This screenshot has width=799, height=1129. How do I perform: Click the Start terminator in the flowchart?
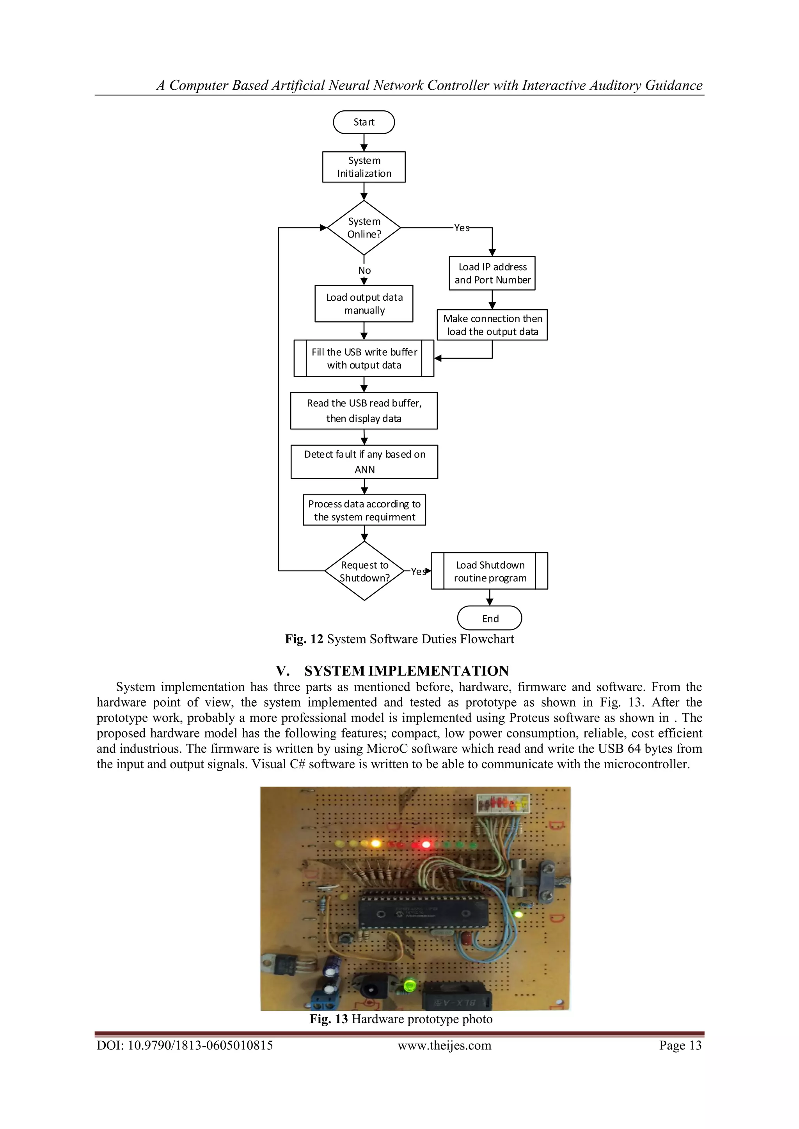pos(364,122)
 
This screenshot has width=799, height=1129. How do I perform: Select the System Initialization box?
pos(364,167)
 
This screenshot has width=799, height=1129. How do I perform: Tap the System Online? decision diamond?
pos(364,228)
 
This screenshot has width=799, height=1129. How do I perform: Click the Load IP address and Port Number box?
pos(492,273)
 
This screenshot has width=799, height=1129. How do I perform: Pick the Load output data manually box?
pos(364,304)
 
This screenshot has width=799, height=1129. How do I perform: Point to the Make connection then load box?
pos(492,325)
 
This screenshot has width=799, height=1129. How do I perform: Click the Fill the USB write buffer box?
pos(364,358)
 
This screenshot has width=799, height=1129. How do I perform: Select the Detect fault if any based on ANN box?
pos(364,462)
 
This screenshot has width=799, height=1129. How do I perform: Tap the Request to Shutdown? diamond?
pos(364,571)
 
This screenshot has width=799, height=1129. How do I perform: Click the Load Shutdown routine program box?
pos(490,571)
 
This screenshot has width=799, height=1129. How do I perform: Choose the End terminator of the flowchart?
pos(490,618)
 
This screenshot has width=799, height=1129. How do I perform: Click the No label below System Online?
pos(364,270)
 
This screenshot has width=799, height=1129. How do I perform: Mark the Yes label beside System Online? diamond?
pos(462,228)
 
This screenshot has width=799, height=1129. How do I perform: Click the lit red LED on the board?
pos(426,844)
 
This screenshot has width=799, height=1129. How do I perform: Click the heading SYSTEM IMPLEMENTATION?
pos(407,671)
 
